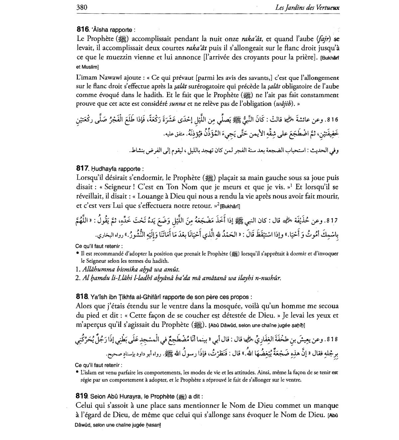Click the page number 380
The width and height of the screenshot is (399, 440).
point(82,7)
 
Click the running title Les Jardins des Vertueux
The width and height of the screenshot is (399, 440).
point(307,8)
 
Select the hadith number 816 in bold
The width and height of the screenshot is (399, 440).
point(83,29)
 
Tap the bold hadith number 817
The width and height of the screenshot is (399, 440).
point(83,168)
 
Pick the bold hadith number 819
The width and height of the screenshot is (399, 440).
point(83,396)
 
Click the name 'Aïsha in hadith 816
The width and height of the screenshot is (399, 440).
point(100,30)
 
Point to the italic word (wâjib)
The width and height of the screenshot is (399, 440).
point(282,104)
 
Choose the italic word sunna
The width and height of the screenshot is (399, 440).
point(177,104)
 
